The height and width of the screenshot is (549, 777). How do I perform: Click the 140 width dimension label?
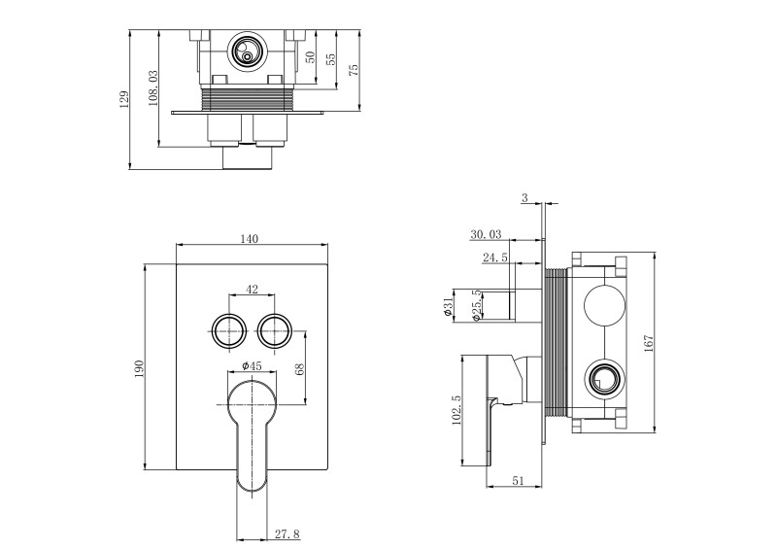coord(251,239)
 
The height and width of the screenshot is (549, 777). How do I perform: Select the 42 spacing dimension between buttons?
coord(252,289)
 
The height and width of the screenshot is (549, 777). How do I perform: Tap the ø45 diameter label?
coord(252,365)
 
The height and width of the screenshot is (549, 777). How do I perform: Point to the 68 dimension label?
coord(300,369)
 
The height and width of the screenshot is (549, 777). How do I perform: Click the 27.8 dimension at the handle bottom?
coord(287,533)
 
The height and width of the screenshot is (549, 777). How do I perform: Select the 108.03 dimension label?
coord(152,88)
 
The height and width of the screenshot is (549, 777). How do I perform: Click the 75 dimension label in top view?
coord(354,69)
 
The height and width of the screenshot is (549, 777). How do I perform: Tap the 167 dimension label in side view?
coord(649,342)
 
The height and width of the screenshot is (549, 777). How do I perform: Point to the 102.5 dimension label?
coord(456,408)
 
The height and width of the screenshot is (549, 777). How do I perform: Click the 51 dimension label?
coord(518,480)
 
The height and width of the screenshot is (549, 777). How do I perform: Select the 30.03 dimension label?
coord(486,234)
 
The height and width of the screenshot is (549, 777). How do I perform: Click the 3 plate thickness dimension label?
coord(524,198)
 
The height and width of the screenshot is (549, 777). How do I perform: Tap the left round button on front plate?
coord(228,329)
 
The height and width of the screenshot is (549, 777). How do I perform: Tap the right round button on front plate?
coord(276,329)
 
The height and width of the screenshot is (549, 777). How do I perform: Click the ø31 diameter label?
coord(449,308)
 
